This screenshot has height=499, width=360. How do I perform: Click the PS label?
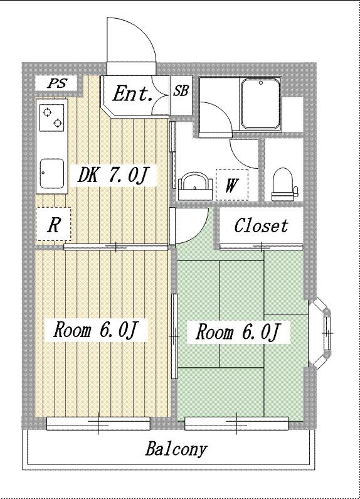click(57, 83)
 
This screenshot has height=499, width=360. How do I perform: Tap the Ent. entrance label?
click(132, 94)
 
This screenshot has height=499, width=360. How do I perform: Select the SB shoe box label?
click(181, 91)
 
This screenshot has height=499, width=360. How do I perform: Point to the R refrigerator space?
click(53, 224)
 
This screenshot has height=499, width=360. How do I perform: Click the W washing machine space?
click(231, 185)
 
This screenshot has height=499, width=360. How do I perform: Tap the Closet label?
click(261, 225)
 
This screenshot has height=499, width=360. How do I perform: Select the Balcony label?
click(176, 449)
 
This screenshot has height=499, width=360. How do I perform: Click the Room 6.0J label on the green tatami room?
click(238, 331)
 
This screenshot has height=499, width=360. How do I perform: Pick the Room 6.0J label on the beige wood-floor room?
click(95, 330)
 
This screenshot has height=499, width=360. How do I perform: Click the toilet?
click(283, 184)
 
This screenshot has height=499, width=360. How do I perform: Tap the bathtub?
click(260, 104)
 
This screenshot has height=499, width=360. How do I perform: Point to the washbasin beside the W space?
click(194, 186)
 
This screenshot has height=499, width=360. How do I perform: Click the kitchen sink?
click(52, 173)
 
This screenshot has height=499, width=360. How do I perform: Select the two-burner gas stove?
click(51, 117)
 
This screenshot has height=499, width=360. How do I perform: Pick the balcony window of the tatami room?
click(236, 423)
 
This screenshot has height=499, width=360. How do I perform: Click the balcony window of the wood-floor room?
click(98, 423)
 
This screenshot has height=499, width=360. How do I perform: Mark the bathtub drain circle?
click(261, 83)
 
